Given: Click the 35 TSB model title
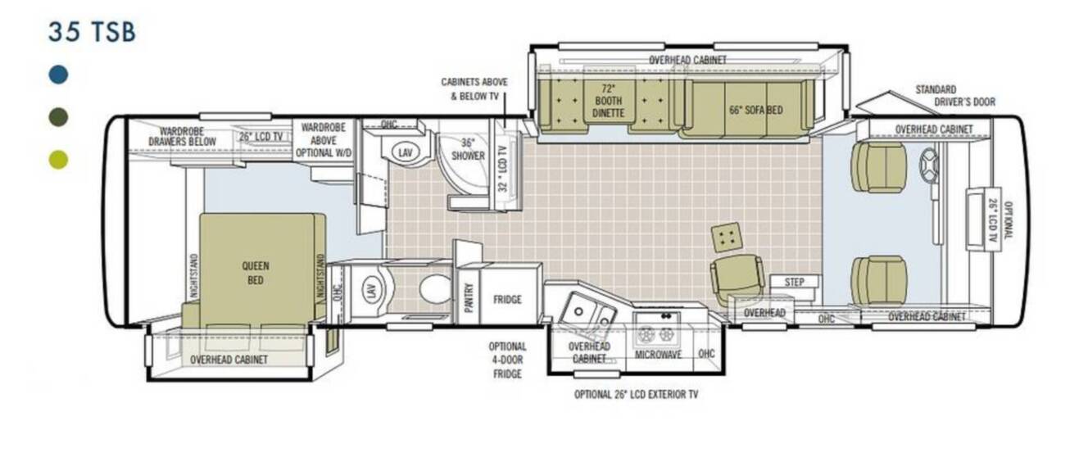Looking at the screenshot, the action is tap(92, 32).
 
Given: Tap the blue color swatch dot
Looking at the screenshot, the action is tap(59, 75).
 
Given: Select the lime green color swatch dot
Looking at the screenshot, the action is tap(59, 160).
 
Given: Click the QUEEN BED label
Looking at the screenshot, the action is tap(256, 273).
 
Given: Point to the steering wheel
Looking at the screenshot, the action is tap(929, 165).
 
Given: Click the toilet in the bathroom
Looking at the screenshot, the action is tap(436, 290).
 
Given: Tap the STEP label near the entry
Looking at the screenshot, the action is tap(795, 282).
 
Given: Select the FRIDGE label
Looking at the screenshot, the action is tap(507, 300).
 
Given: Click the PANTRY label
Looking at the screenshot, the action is tap(469, 297).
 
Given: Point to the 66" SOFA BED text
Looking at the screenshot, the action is tap(755, 111).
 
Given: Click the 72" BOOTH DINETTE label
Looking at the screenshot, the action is tap(608, 101).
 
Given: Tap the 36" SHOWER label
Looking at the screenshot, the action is tap(469, 150).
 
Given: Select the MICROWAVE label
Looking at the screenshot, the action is tap(658, 355).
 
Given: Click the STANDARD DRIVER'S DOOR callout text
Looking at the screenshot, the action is tap(955, 96).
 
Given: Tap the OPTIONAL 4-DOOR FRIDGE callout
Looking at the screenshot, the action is tap(508, 360).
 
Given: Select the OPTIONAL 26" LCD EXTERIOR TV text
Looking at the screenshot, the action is tap(637, 394).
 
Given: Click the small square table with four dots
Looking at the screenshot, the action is tap(726, 238).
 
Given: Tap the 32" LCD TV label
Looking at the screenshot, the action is tap(503, 169).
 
